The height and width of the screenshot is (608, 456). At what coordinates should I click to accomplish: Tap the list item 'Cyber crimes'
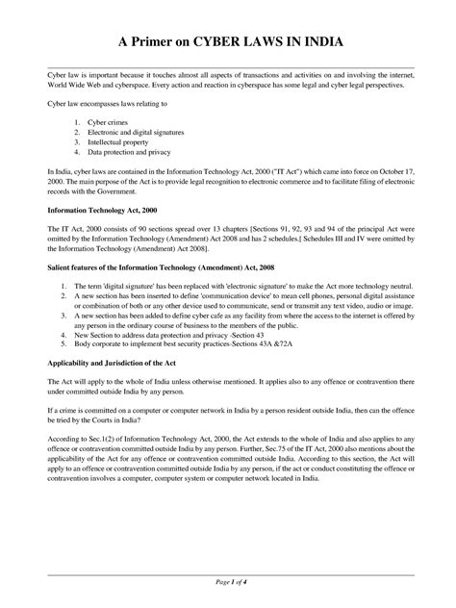(x=107, y=124)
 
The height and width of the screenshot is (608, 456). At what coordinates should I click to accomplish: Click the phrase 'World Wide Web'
(x=75, y=86)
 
